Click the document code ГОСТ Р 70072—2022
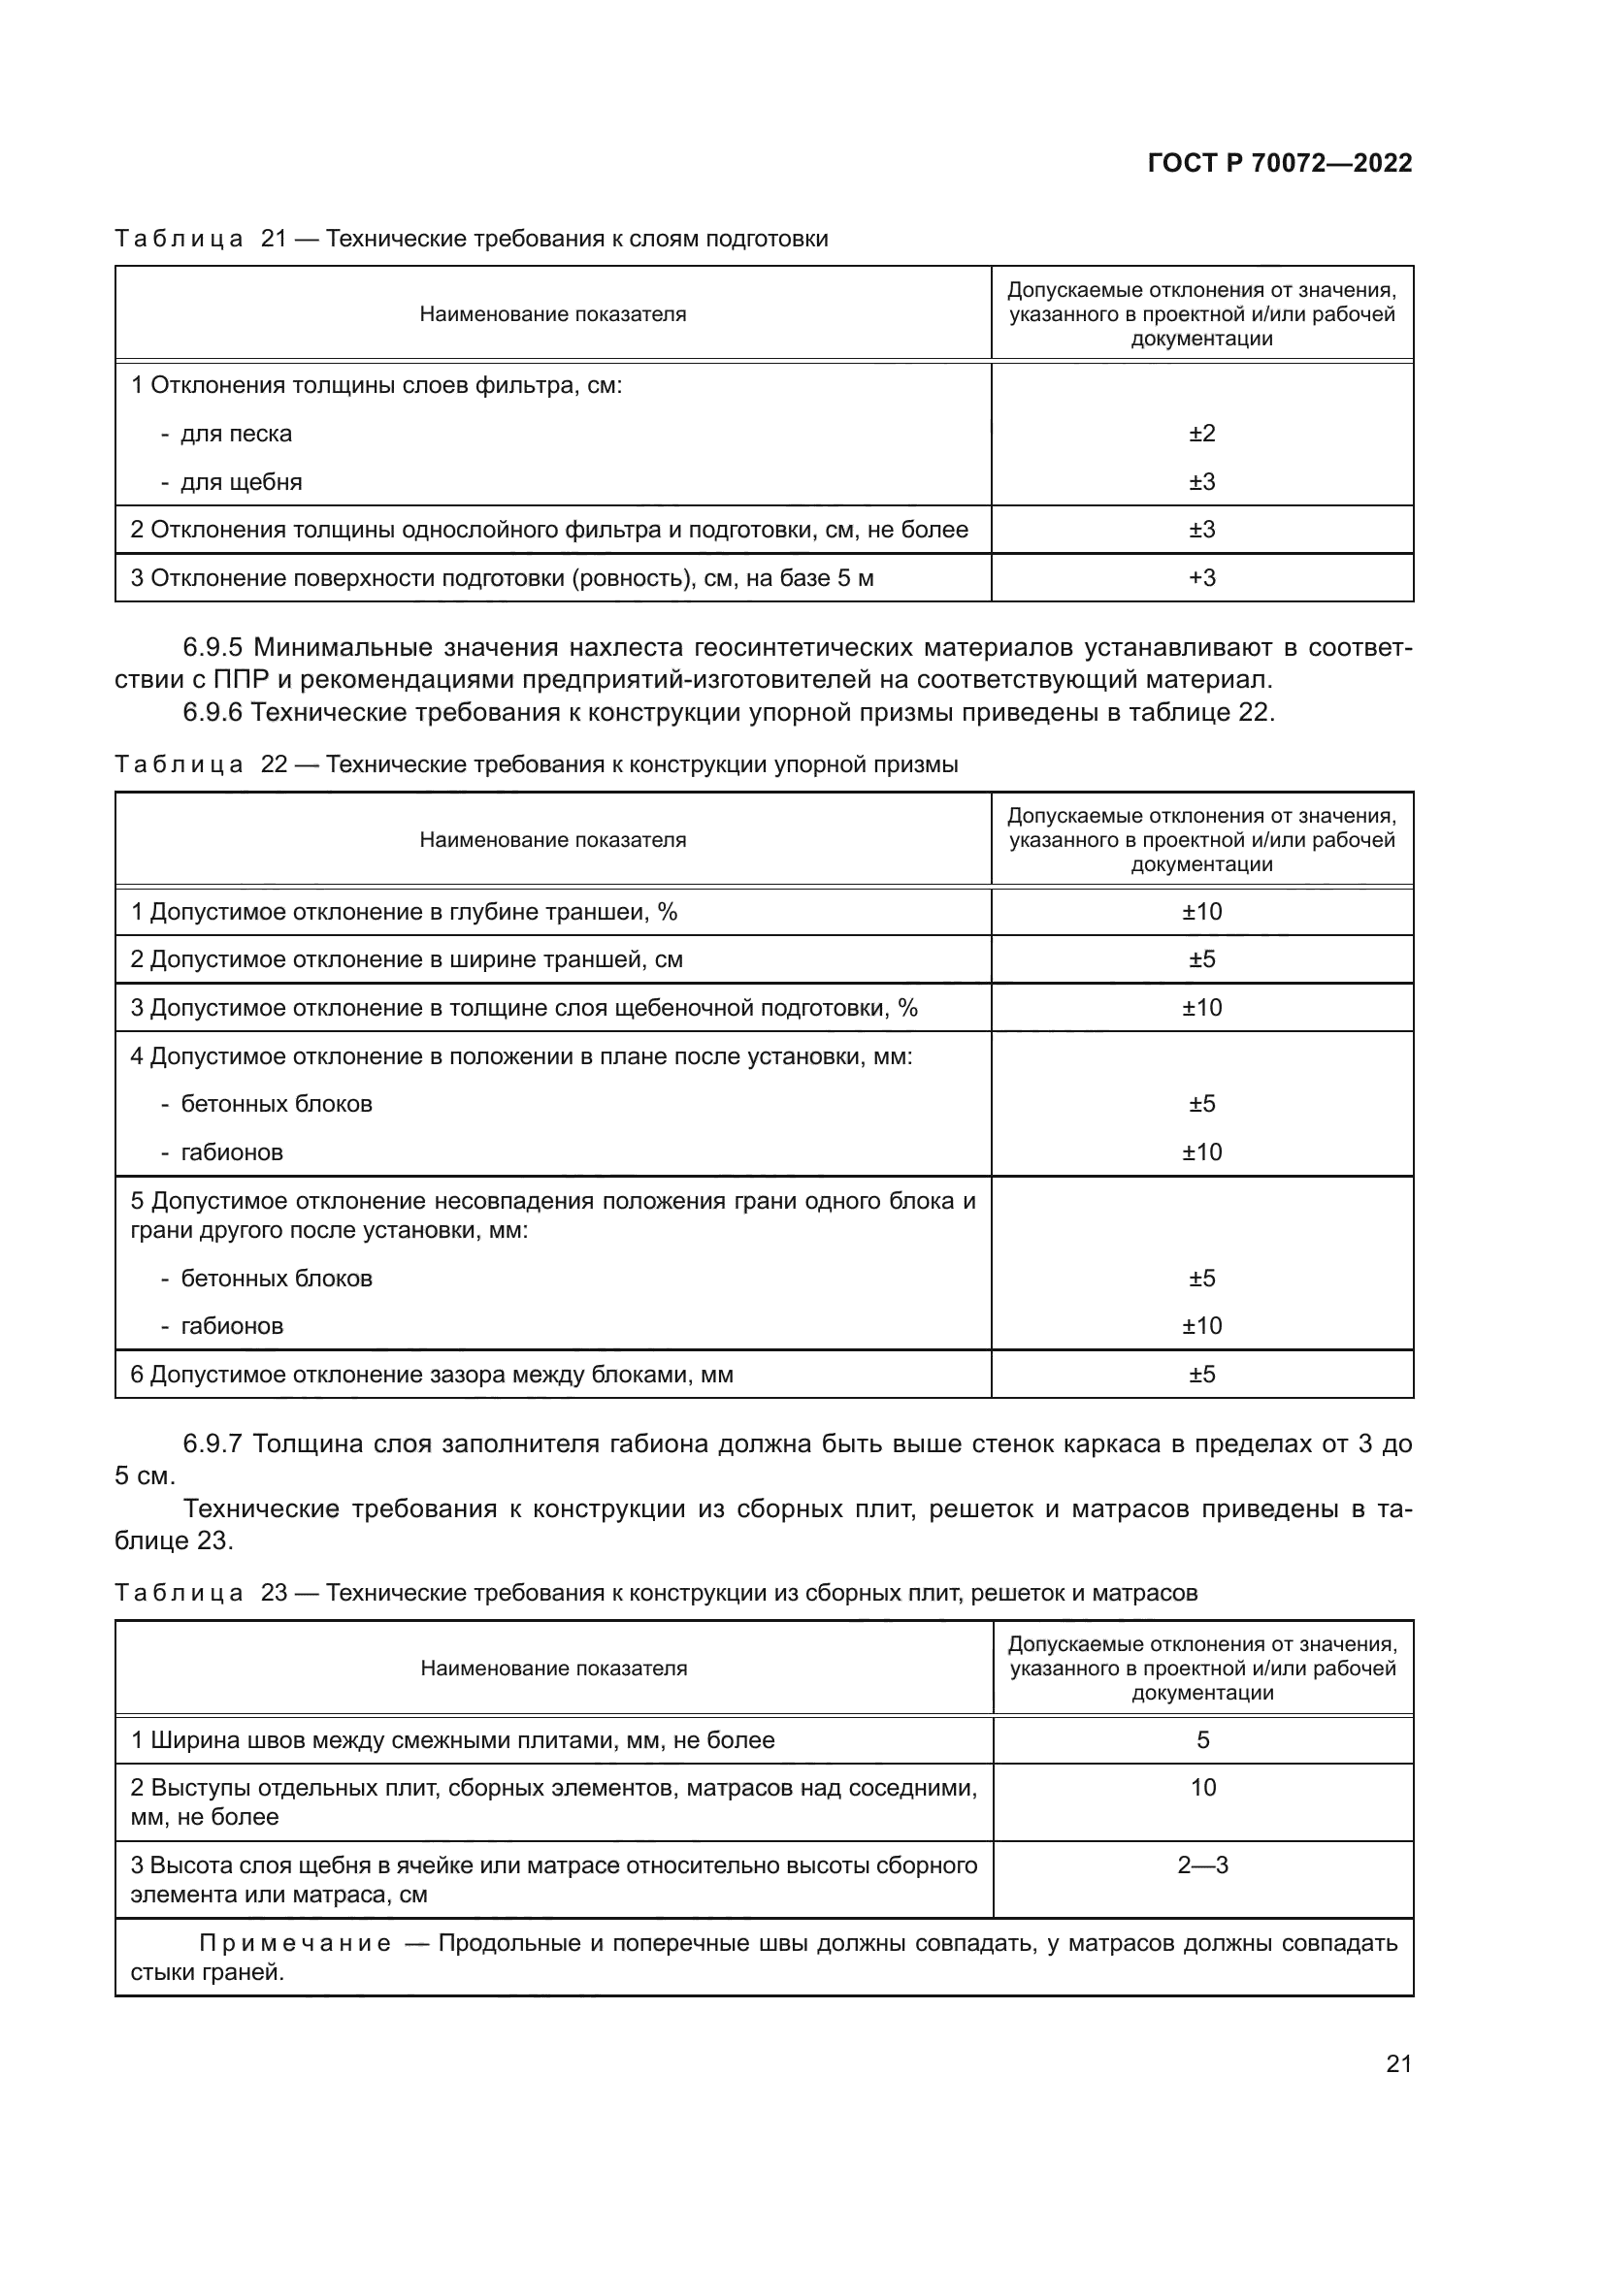(1279, 164)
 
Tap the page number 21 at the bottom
(1398, 2063)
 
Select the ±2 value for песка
(1201, 434)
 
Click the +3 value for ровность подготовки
(1201, 578)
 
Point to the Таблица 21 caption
(471, 240)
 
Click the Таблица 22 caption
(536, 764)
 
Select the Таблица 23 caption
(655, 1593)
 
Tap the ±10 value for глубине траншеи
(1201, 912)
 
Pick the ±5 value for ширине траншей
(1201, 959)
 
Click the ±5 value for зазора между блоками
(1201, 1375)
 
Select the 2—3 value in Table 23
(1201, 1864)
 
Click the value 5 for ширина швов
(1201, 1740)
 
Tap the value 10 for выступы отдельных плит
(1201, 1788)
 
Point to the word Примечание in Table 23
(295, 1944)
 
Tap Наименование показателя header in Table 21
(552, 314)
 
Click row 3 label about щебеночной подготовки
(524, 1008)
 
